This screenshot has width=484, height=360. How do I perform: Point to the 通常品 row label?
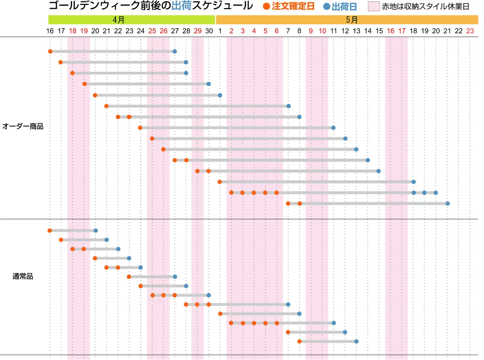tap(23, 276)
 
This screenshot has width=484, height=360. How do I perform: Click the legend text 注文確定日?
tap(293, 7)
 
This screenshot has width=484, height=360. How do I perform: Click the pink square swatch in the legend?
tap(374, 7)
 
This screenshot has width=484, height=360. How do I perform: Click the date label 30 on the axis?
tap(209, 31)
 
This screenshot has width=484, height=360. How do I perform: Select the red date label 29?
tap(197, 31)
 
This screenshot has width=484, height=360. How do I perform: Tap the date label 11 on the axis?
tap(333, 31)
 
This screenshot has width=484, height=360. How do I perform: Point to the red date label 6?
tap(277, 31)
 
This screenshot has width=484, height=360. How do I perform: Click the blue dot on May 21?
tap(447, 204)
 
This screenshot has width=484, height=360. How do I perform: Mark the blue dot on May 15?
tap(379, 171)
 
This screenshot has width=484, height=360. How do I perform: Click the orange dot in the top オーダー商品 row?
tap(50, 51)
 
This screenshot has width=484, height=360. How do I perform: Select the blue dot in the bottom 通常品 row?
tap(356, 341)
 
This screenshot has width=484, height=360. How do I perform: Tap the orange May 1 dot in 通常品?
tap(220, 313)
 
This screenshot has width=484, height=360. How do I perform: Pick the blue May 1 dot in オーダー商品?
tap(220, 95)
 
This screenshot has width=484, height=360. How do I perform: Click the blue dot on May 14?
tap(367, 160)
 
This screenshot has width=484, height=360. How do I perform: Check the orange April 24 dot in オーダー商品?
tap(140, 128)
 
